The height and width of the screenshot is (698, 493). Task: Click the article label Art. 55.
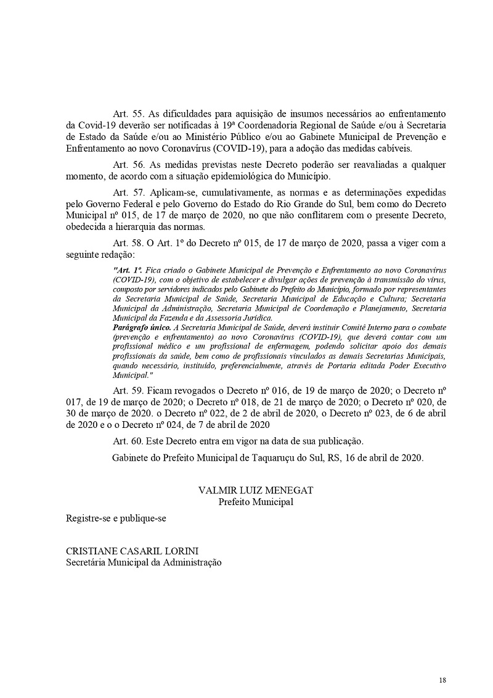pyautogui.click(x=128, y=115)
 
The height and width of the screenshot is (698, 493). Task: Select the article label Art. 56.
pyautogui.click(x=128, y=165)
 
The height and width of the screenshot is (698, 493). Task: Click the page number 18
pyautogui.click(x=442, y=680)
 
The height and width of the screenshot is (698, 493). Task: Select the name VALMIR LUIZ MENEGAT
pyautogui.click(x=256, y=490)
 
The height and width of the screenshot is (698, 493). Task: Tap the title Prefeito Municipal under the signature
pyautogui.click(x=256, y=501)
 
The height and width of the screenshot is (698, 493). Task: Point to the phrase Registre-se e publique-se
pyautogui.click(x=116, y=518)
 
